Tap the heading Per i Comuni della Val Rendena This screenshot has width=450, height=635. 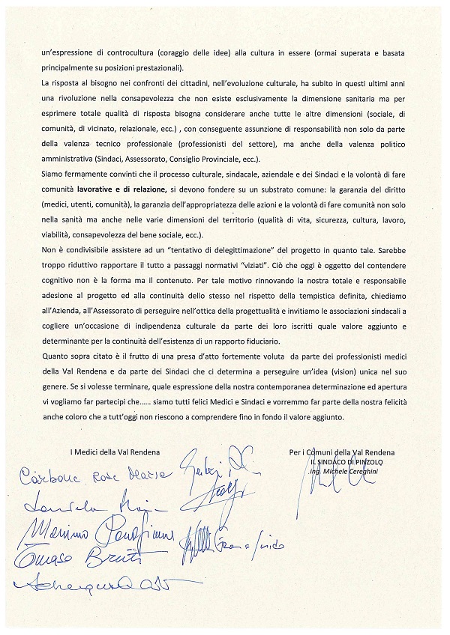pos(341,451)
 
